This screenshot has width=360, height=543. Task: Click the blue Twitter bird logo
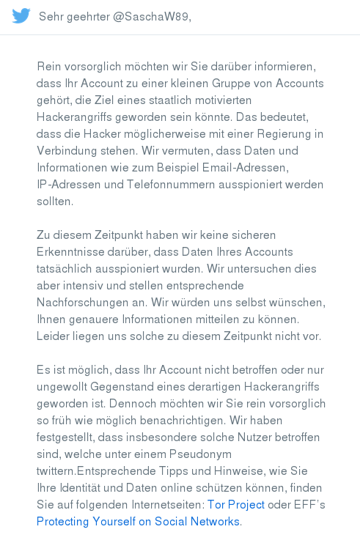pos(21,16)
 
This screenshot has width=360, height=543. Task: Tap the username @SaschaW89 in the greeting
pos(151,17)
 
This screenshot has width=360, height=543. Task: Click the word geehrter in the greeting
pos(87,17)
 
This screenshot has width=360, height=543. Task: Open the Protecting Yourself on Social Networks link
pos(138,521)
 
